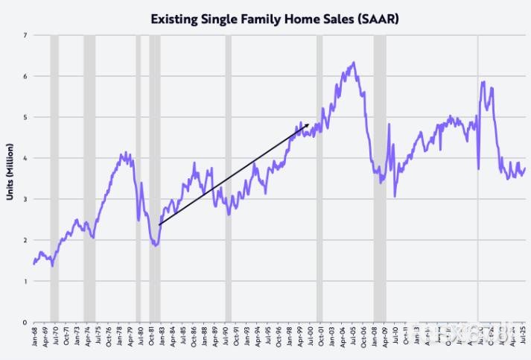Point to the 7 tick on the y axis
click(x=25, y=35)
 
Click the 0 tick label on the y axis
click(x=25, y=322)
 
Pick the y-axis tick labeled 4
click(x=25, y=158)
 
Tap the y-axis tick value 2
click(x=25, y=240)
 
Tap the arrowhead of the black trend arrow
click(x=308, y=126)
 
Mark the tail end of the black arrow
click(x=159, y=224)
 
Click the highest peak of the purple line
click(x=354, y=63)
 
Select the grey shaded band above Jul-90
click(x=229, y=179)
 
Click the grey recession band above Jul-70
click(x=54, y=179)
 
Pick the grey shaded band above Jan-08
click(x=380, y=179)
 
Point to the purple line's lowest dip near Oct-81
click(x=155, y=245)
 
